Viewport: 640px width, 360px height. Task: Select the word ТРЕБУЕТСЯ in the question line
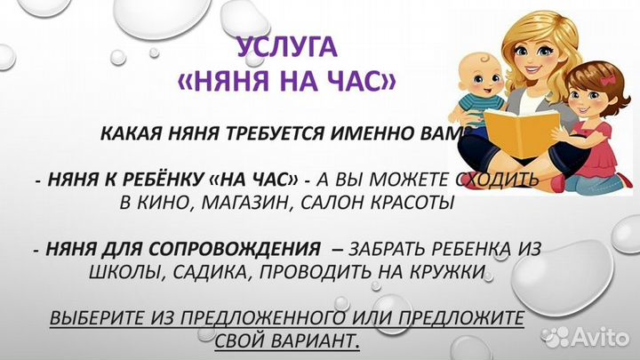[x=270, y=134]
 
